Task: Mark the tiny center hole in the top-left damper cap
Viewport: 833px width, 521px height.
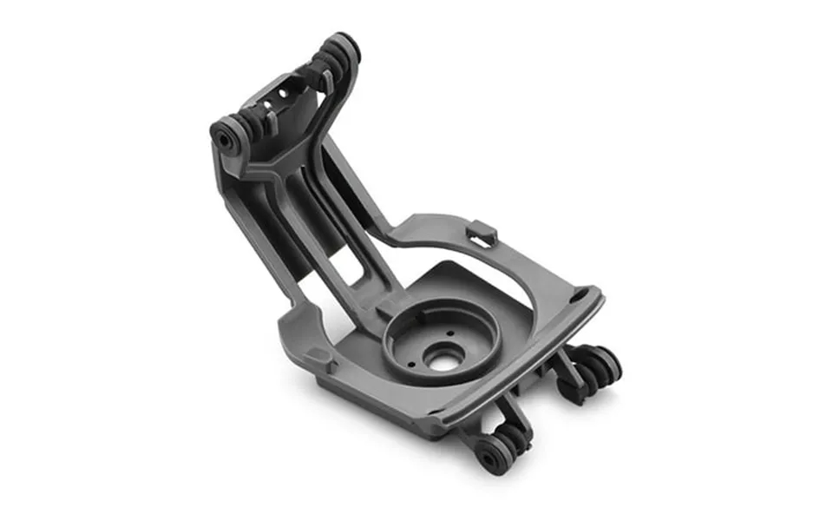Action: coord(222,136)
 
